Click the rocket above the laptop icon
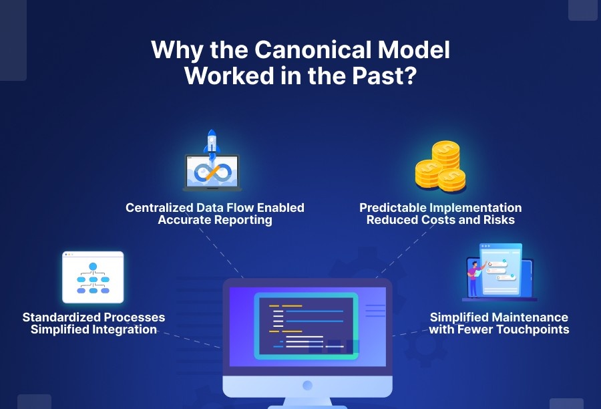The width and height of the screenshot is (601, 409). tap(212, 143)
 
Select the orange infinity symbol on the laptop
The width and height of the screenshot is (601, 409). tap(212, 172)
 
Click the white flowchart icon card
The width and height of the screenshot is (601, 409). tap(93, 277)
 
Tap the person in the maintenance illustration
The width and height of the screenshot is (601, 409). tap(474, 275)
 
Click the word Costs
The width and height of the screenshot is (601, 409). tap(446, 220)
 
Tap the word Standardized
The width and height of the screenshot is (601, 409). tap(62, 317)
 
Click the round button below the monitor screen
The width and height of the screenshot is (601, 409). tap(307, 386)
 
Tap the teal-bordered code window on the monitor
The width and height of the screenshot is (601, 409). tap(307, 326)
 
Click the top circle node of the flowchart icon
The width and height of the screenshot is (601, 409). tap(93, 267)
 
